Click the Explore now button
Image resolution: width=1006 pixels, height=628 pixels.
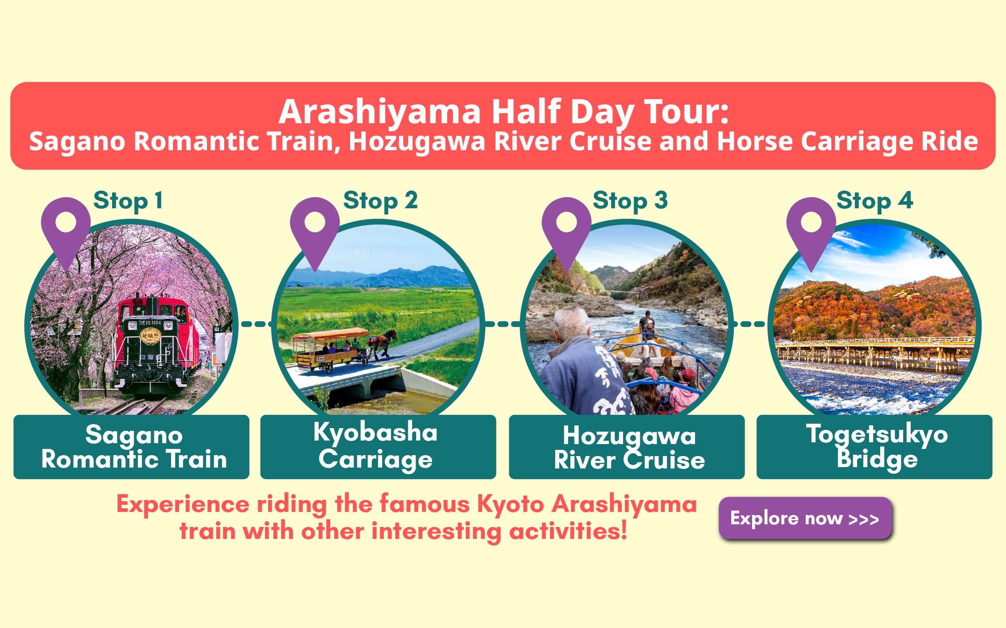pos(805,518)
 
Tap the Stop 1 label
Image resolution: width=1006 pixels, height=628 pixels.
pos(128,201)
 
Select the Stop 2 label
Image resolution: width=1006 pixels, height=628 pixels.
pos(380,201)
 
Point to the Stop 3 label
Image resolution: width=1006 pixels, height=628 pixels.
pos(630,201)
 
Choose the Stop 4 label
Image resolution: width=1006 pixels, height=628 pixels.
pos(875,201)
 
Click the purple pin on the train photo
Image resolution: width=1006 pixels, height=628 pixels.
pos(66,228)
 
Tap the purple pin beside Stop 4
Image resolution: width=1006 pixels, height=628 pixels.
pos(811,228)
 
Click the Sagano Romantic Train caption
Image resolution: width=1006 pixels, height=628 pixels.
pos(134,447)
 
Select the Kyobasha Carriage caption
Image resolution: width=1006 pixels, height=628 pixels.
pos(375,446)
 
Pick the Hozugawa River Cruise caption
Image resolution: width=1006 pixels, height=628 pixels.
pos(629,448)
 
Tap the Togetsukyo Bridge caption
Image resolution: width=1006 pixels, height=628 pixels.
pos(877,447)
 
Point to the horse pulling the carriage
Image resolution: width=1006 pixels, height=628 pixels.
pos(381,343)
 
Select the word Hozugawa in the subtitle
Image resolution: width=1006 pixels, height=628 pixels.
pos(417,141)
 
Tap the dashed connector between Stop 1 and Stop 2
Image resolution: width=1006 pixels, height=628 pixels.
pos(256,324)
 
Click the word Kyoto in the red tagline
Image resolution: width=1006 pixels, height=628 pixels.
pos(511,505)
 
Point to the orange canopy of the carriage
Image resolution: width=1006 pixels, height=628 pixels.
pos(330,334)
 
